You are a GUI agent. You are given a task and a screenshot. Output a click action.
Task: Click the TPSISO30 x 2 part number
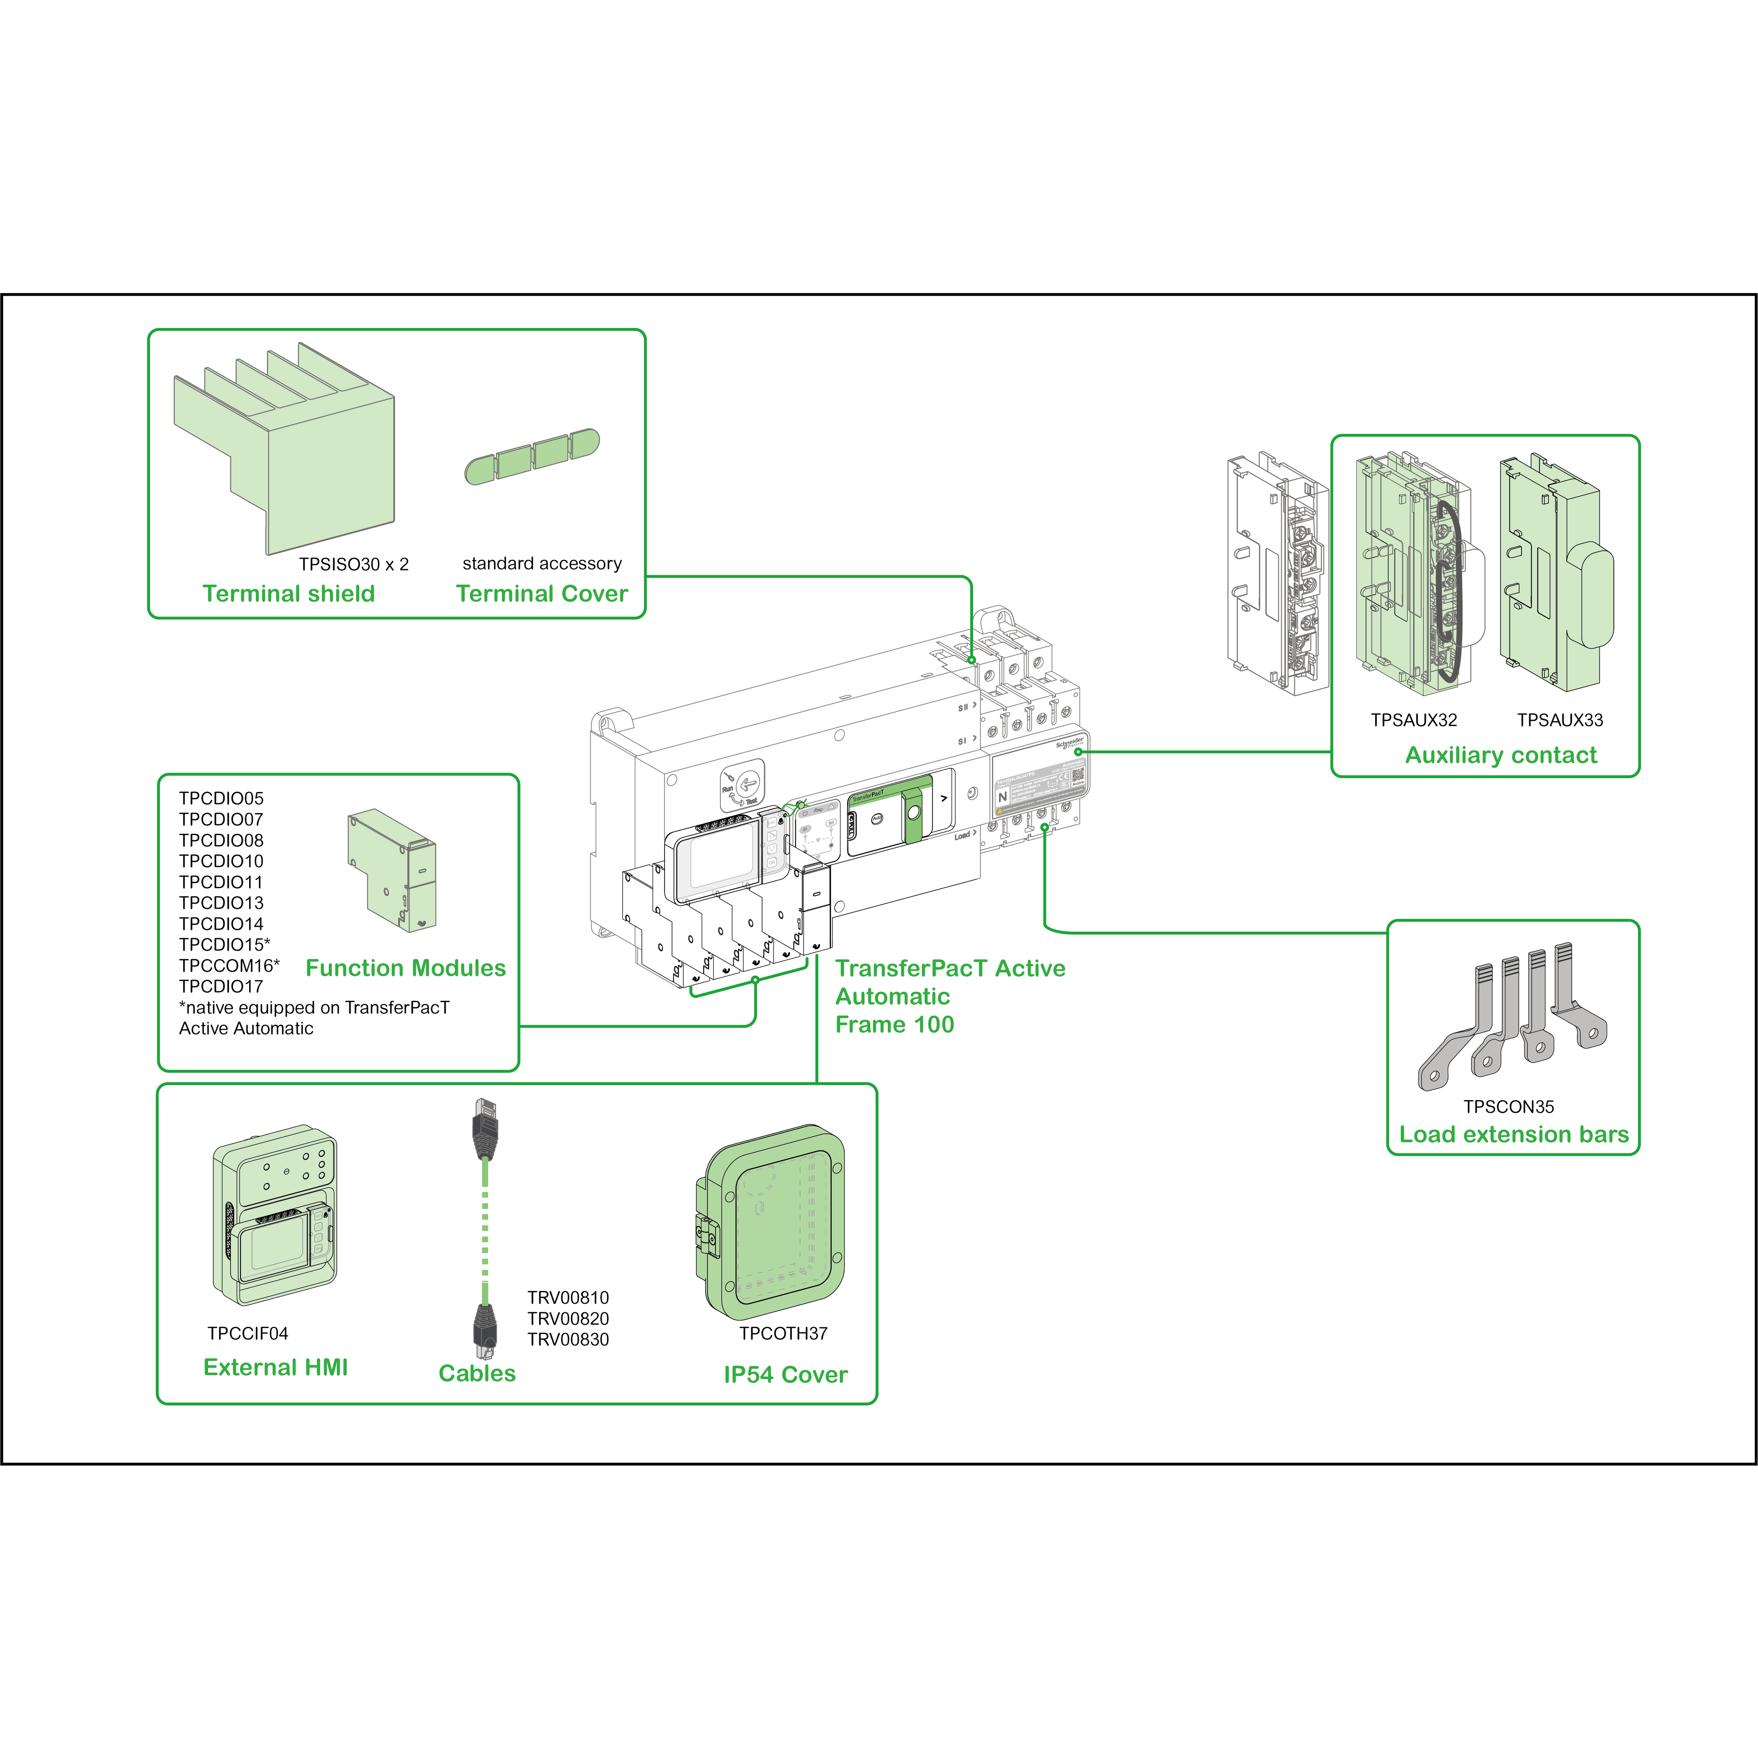pos(354,564)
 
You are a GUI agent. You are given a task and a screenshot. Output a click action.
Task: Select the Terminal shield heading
pos(288,594)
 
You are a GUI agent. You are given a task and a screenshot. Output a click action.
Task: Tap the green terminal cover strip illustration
pos(532,456)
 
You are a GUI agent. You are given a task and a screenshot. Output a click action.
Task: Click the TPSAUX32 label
pos(1414,720)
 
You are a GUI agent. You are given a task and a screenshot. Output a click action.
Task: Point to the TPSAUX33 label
pos(1560,720)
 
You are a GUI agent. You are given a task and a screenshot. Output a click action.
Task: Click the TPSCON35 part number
pos(1509,1107)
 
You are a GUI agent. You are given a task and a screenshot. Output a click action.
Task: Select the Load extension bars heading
pos(1513,1135)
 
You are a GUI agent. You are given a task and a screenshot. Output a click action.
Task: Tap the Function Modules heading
pos(406,968)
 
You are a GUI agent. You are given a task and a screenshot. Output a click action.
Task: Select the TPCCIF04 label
pos(247,1333)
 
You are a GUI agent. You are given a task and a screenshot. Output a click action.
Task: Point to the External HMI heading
pos(276,1368)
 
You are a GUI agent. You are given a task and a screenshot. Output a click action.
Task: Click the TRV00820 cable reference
pos(568,1318)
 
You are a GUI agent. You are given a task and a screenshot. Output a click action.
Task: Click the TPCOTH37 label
pos(784,1333)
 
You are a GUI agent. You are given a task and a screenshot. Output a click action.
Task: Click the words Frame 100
pos(894,1024)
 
